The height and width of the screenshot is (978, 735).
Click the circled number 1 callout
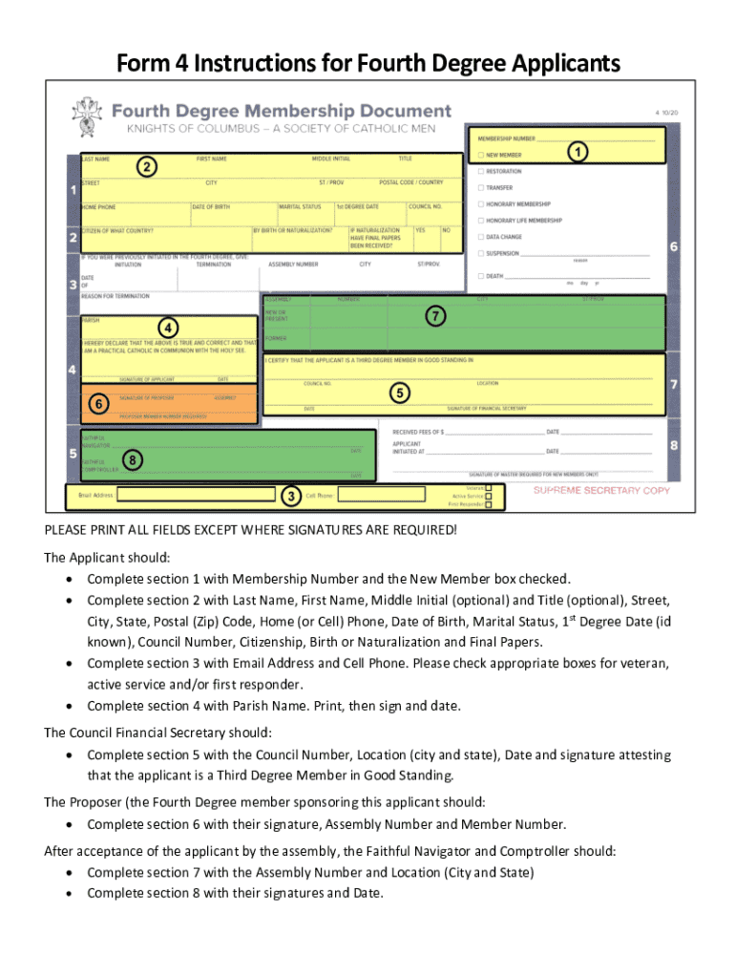pyautogui.click(x=577, y=152)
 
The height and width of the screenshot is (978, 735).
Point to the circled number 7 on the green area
pyautogui.click(x=435, y=315)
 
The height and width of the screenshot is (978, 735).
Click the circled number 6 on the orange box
pyautogui.click(x=96, y=404)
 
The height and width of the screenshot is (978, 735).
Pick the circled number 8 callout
pyautogui.click(x=135, y=461)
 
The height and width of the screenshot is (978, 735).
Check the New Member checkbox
pyautogui.click(x=480, y=155)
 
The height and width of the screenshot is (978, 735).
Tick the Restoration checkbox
pyautogui.click(x=480, y=172)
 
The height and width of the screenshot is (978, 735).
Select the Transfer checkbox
pyautogui.click(x=480, y=188)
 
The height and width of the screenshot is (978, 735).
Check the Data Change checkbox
pyautogui.click(x=480, y=237)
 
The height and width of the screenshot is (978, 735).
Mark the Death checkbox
pyautogui.click(x=480, y=276)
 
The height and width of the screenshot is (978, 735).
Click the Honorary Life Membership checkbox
pyautogui.click(x=480, y=221)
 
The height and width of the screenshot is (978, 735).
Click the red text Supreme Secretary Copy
pyautogui.click(x=601, y=491)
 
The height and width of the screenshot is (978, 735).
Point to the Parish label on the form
pyautogui.click(x=91, y=321)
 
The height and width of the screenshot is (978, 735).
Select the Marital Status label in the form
pyautogui.click(x=299, y=206)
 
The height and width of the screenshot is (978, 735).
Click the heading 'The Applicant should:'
pyautogui.click(x=94, y=557)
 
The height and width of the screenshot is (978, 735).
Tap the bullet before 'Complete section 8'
pyautogui.click(x=72, y=894)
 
